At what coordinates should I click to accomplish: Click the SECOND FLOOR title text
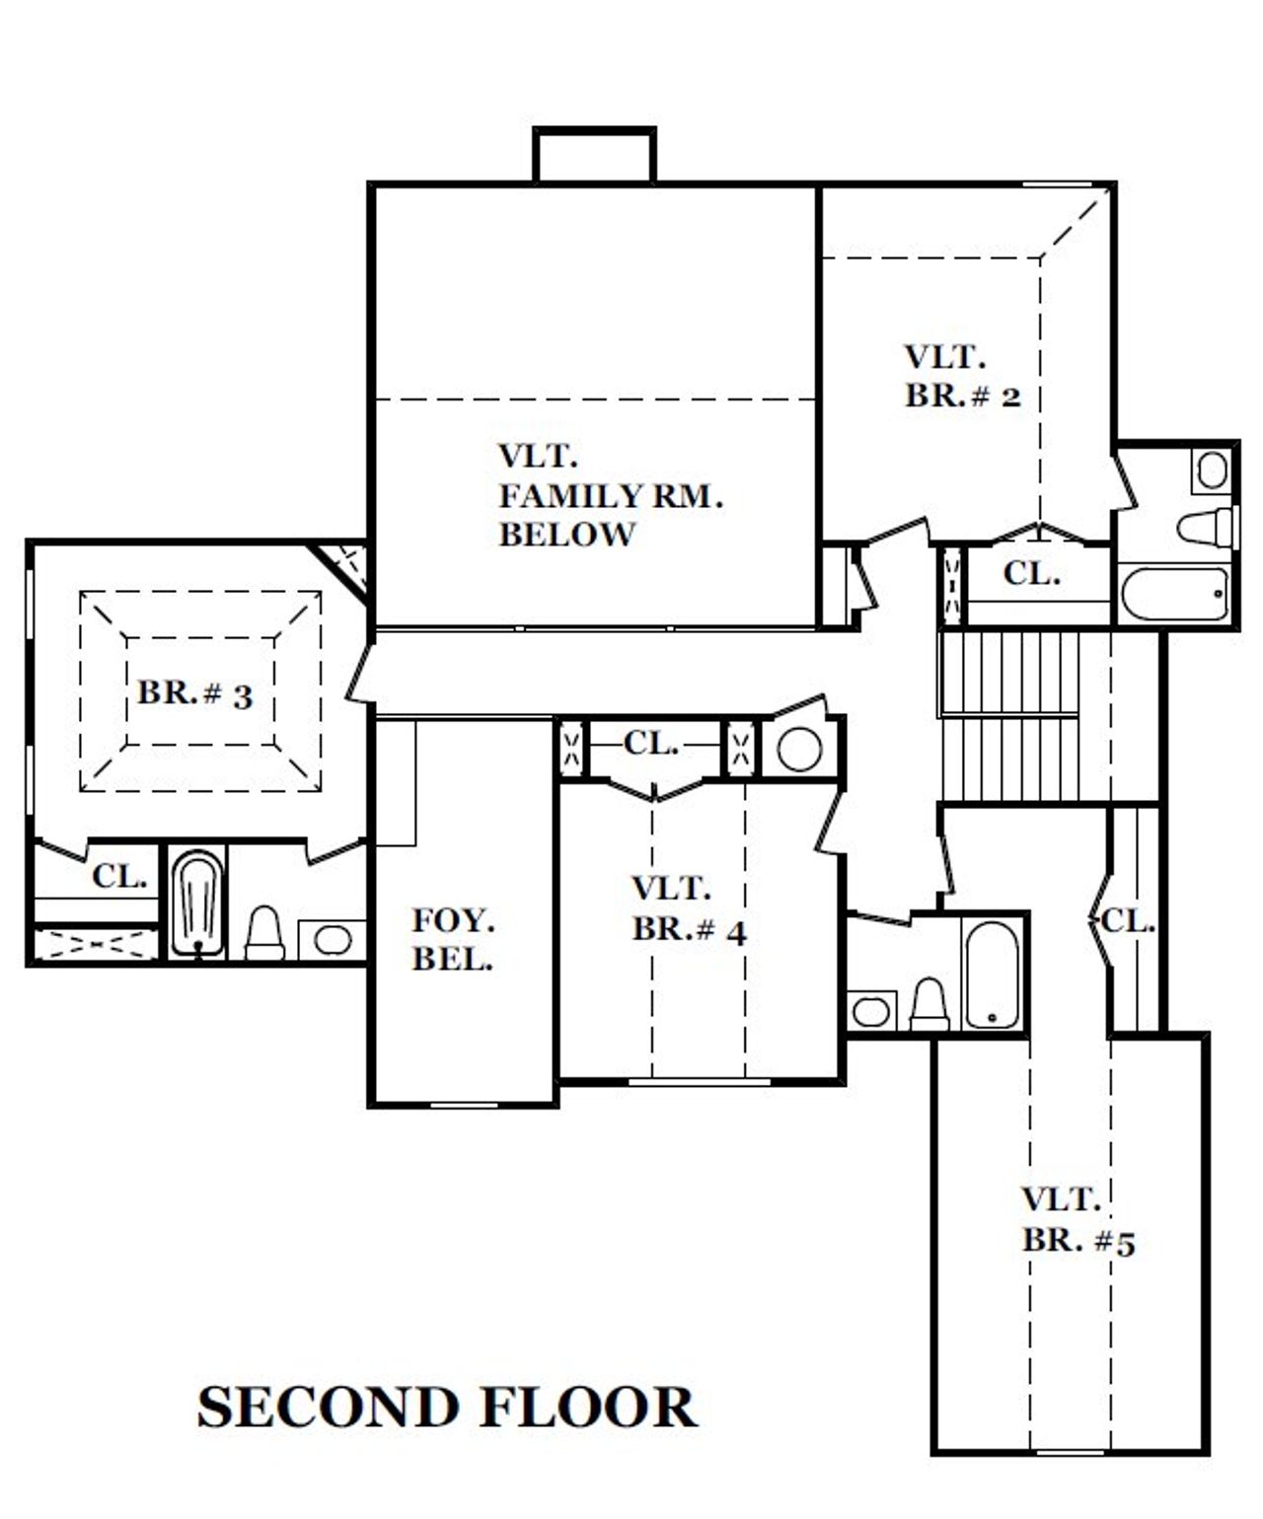tap(446, 1408)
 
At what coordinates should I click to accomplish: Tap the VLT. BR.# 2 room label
tap(961, 376)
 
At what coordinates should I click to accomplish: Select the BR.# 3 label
tap(194, 693)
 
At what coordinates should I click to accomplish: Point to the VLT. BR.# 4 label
tap(688, 909)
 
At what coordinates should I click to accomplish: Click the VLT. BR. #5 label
tap(1077, 1220)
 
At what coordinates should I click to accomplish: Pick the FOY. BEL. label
tap(453, 939)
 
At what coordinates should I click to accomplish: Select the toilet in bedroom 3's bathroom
tap(264, 934)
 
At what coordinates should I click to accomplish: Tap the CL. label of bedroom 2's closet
tap(1031, 573)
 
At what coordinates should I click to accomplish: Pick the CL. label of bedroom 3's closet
tap(119, 875)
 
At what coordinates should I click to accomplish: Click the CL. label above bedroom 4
tap(650, 744)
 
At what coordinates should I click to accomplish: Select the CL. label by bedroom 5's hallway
tap(1127, 921)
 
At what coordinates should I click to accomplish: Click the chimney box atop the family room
tap(594, 155)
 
